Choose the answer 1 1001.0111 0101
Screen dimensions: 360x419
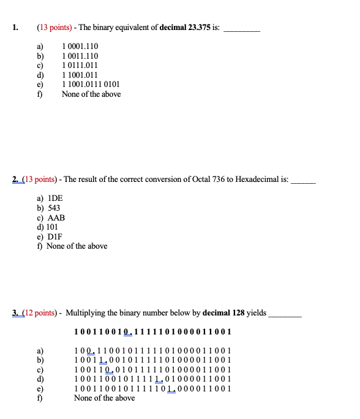(91, 85)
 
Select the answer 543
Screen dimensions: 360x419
(53, 208)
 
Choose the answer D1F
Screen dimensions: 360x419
(55, 236)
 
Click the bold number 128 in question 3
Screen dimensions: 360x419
(234, 313)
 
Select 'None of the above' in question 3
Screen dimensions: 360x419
(104, 398)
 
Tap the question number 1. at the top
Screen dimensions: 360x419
(15, 28)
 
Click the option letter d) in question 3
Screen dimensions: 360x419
(41, 379)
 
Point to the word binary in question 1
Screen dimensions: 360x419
(106, 28)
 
